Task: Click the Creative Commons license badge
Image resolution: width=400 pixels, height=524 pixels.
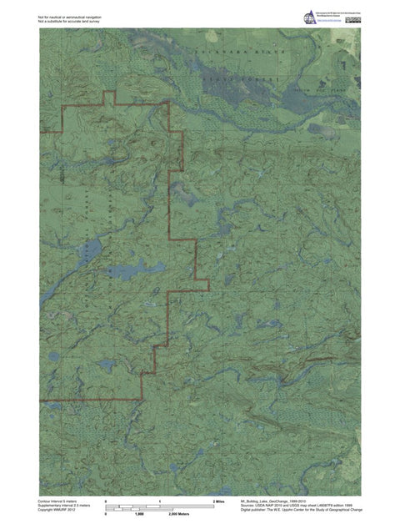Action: [354, 19]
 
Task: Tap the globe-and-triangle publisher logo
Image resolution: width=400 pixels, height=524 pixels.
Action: [311, 19]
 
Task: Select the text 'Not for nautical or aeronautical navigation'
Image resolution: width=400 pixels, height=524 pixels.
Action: [71, 16]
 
